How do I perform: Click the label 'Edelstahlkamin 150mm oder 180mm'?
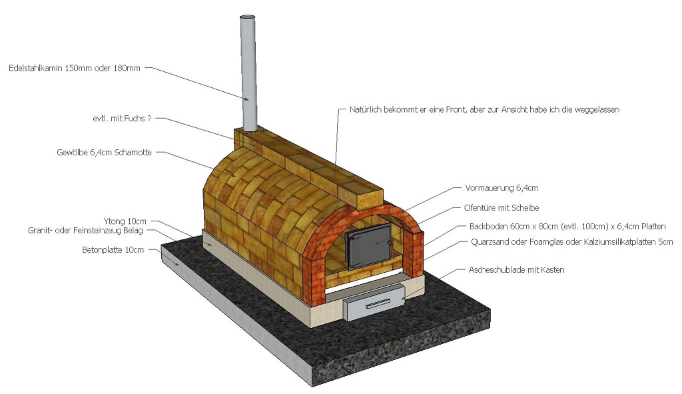click(x=75, y=68)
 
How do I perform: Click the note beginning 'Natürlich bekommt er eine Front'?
click(x=484, y=109)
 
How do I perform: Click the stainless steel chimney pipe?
click(x=248, y=80)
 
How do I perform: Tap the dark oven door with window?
click(x=368, y=245)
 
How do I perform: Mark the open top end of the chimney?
click(x=247, y=17)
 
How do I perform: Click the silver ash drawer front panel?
click(x=376, y=302)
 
